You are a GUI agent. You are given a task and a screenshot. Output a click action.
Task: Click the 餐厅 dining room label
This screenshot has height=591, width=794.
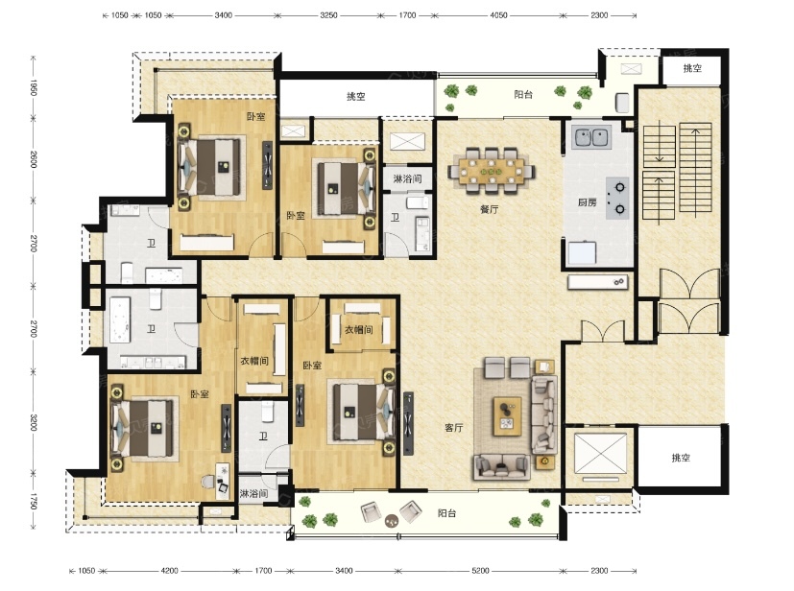pos(490,209)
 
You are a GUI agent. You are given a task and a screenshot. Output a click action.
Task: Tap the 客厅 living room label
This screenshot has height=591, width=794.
pos(454,428)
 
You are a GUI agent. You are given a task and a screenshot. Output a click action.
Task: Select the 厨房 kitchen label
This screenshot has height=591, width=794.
pos(587,202)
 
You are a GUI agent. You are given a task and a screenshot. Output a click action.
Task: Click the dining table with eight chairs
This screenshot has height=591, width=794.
pos(492,171)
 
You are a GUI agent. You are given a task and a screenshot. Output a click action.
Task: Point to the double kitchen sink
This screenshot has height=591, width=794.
pos(591,137)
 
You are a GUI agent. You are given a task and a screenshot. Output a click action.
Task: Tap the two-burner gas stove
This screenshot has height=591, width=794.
pos(617,198)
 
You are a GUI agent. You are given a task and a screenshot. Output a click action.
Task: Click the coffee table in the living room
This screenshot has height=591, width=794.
pos(507,416)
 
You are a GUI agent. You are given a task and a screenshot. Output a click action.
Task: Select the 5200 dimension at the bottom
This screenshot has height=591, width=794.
pos(480,571)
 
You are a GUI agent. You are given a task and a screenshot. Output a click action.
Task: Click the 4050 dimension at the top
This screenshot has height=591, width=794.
pos(498,15)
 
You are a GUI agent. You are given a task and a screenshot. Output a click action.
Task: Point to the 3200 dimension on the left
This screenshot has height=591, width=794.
pos(34,422)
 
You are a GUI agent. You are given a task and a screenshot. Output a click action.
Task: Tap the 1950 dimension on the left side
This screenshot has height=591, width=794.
pos(34,87)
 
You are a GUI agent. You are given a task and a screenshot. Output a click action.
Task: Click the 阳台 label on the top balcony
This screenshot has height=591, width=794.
pos(523,94)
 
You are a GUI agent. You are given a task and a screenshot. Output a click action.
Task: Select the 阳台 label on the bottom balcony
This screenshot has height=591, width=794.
pos(446,513)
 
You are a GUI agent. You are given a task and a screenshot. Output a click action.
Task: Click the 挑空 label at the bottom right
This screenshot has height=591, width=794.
pos(681,458)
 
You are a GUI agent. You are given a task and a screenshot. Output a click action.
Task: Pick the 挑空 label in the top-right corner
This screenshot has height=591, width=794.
pos(692,68)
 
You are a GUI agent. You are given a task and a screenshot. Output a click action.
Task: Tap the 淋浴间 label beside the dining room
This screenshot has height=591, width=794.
pos(408,178)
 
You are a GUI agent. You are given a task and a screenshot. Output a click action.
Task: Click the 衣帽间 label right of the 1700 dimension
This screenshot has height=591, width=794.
pos(358,329)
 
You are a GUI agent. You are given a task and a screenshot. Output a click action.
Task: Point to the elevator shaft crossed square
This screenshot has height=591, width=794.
pos(599,454)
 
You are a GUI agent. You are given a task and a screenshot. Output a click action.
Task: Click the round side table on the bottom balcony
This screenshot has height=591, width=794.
pos(392,520)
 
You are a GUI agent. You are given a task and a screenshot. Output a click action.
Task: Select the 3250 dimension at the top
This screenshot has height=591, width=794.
pos(328,15)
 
